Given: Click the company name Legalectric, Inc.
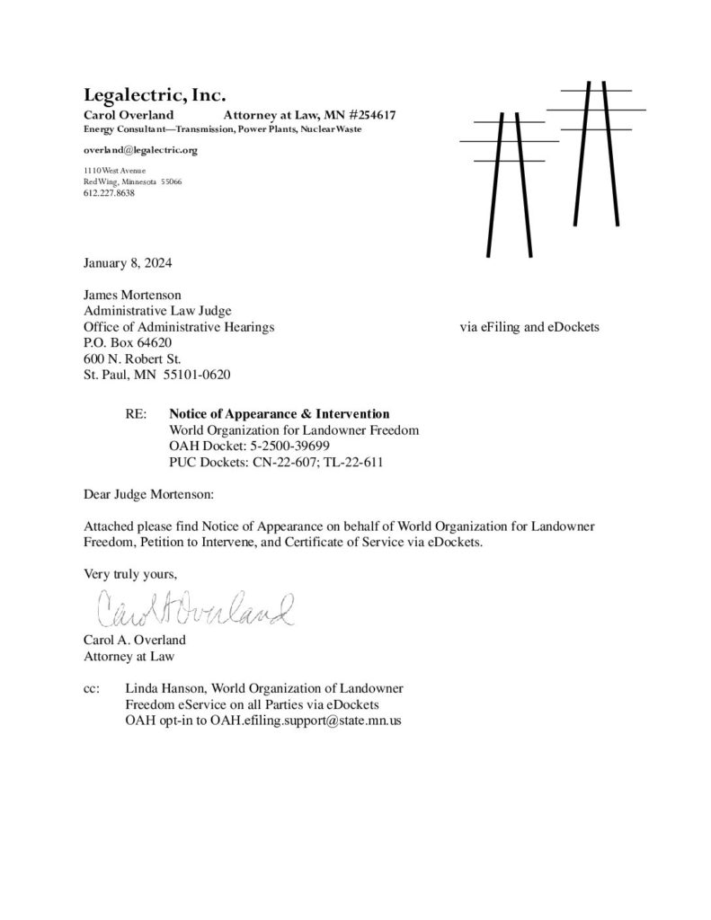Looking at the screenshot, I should [155, 94].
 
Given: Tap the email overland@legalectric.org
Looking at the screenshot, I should [140, 150].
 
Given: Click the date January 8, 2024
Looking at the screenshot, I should [128, 264].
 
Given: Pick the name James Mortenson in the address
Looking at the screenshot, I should [132, 294].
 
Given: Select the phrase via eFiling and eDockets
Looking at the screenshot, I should [529, 327].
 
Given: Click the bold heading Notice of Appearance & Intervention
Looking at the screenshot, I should [280, 414].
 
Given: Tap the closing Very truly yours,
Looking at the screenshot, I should [128, 572].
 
